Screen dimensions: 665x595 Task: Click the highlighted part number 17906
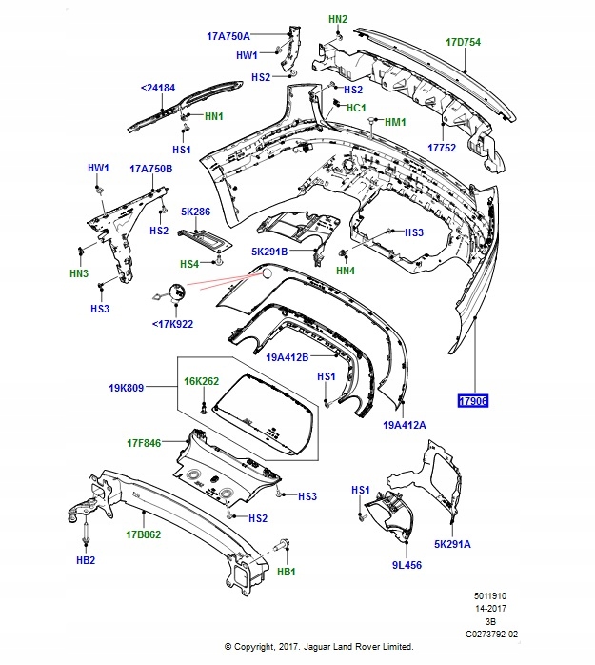(473, 401)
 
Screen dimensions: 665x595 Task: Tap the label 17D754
(464, 42)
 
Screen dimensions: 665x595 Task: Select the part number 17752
(442, 149)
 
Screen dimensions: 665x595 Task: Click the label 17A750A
(228, 36)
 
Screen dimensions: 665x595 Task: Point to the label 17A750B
(151, 169)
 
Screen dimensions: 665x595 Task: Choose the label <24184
(158, 88)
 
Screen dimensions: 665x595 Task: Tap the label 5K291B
(269, 252)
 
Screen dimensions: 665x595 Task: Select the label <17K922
(172, 323)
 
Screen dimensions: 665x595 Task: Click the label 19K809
(126, 389)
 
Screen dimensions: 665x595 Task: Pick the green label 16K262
(201, 381)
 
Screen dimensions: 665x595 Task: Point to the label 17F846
(146, 442)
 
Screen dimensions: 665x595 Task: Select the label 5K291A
(453, 544)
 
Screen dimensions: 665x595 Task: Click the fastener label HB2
(86, 560)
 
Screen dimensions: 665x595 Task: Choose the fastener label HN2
(338, 19)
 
